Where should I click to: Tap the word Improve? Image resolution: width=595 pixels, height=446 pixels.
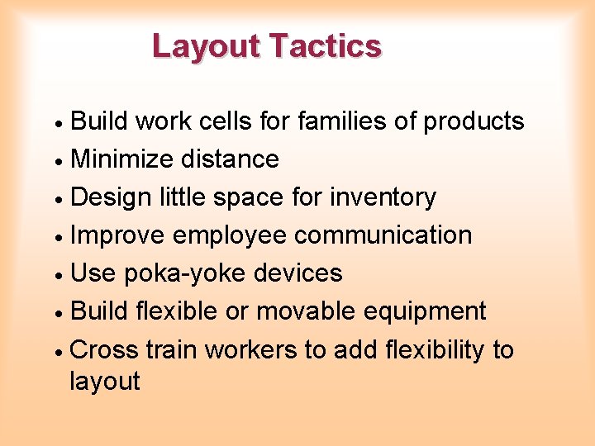[x=118, y=235]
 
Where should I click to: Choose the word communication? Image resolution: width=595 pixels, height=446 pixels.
[x=383, y=235]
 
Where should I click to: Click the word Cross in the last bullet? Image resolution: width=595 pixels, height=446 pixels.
[x=105, y=350]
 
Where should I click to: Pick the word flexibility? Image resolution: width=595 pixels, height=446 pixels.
[x=435, y=350]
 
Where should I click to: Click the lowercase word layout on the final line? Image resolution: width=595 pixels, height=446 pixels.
[x=105, y=382]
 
